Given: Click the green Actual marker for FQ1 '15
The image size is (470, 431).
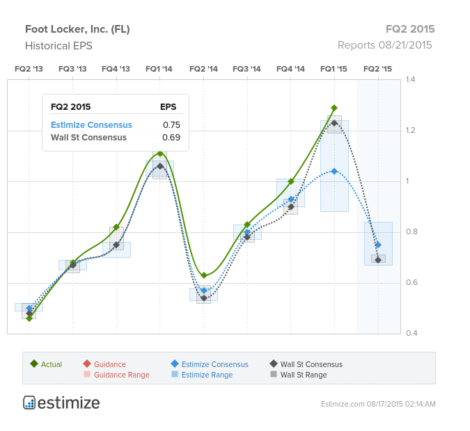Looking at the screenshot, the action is [x=334, y=108].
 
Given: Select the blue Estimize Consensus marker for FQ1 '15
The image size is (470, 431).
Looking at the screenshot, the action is [x=334, y=171].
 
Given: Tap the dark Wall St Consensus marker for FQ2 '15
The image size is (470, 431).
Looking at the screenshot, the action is [x=378, y=260].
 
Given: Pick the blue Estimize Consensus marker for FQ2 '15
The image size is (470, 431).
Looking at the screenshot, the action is [x=378, y=245].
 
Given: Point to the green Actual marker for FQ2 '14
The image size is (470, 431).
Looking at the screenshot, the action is [x=204, y=275].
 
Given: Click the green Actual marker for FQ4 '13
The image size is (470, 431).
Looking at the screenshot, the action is [x=116, y=227].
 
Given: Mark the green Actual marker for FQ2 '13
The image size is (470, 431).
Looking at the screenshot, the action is [x=29, y=318].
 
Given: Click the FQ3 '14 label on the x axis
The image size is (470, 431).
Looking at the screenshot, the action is [x=246, y=69].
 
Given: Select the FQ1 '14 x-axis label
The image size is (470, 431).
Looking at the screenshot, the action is [x=159, y=69].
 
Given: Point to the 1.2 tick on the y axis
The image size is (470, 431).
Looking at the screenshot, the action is [x=410, y=130].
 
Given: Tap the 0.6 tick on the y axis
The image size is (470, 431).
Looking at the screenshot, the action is [x=412, y=282].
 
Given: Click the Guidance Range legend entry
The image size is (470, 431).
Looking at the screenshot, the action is [x=116, y=375].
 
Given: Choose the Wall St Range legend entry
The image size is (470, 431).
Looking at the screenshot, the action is [x=299, y=375].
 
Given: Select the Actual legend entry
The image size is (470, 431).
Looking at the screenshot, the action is [x=46, y=364].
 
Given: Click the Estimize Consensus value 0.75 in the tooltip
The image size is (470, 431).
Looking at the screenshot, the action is [x=172, y=125].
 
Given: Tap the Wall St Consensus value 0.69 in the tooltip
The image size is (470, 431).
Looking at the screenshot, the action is [x=171, y=138].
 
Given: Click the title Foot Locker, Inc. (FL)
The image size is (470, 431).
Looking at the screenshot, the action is [x=77, y=29].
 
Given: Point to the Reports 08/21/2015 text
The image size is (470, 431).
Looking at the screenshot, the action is [x=385, y=45].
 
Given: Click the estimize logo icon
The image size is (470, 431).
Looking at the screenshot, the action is [x=29, y=402].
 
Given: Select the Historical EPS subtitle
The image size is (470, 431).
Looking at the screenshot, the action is [x=58, y=46].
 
